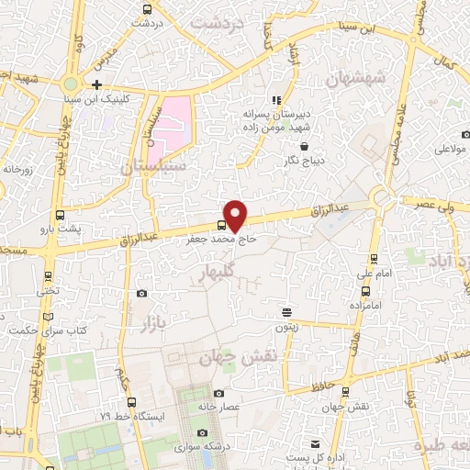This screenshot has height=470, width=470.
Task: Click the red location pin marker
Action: click(x=236, y=214)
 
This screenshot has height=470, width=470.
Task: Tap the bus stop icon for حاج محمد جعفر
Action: click(x=222, y=224)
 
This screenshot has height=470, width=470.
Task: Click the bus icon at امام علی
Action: click(x=373, y=259)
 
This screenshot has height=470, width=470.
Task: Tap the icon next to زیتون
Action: click(x=286, y=313)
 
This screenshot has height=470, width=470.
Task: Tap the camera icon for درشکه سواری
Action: click(x=203, y=432)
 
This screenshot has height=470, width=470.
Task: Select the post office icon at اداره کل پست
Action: click(x=315, y=443)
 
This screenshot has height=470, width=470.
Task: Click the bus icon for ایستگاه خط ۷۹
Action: click(x=133, y=402)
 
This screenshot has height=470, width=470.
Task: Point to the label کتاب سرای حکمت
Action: click(x=40, y=328)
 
